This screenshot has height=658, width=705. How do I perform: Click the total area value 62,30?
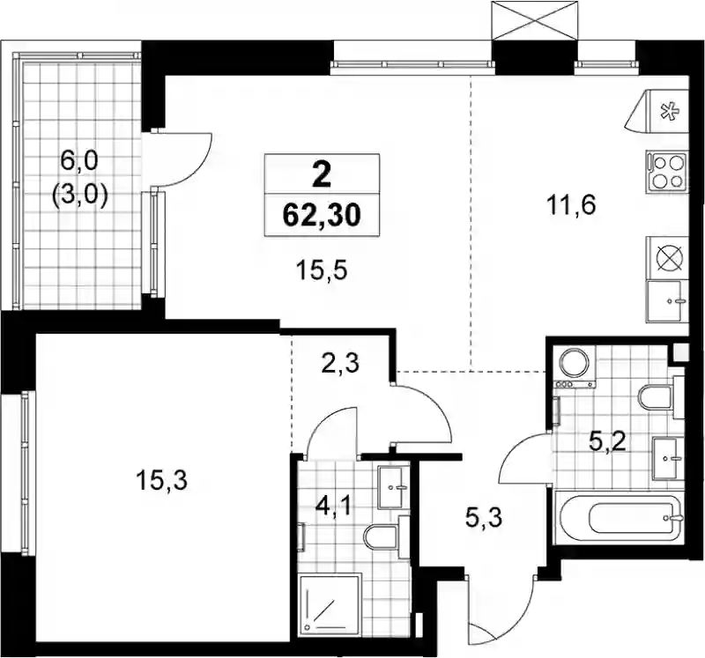322,215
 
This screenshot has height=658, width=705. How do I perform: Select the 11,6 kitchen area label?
571,206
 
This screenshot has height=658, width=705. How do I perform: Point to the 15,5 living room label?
322,271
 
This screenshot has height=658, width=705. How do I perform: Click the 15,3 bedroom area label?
161,481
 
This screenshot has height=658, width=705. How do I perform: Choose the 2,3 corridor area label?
340,364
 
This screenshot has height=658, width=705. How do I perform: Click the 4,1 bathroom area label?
333,508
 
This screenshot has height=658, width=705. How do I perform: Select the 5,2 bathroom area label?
607,444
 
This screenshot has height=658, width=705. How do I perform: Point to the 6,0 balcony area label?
79,161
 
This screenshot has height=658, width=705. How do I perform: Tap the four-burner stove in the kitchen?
667,172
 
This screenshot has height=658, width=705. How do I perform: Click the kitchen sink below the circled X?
667,300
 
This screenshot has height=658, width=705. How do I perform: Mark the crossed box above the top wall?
534,20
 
